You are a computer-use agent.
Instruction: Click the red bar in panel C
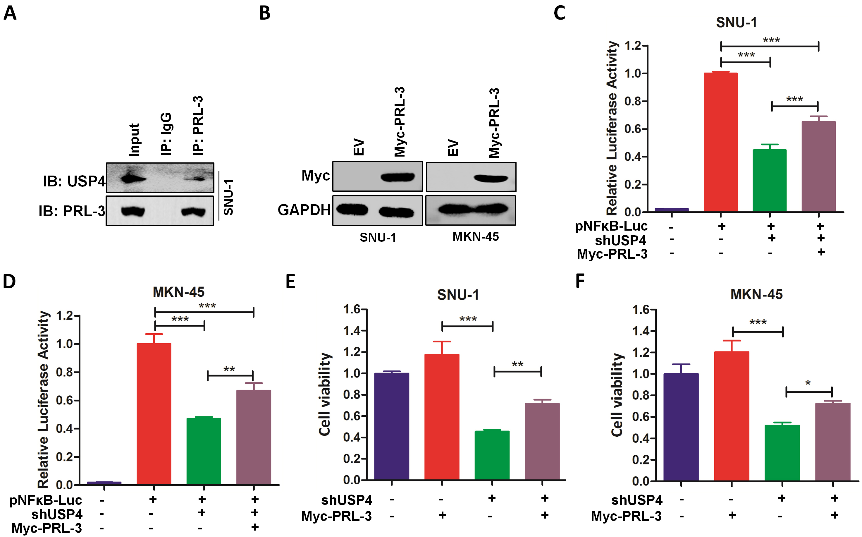pos(720,142)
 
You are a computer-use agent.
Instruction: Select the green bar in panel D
pos(203,451)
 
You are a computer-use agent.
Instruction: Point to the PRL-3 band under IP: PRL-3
pos(193,212)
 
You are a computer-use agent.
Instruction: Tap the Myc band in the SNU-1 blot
pos(398,176)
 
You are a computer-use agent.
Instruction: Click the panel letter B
pos(264,13)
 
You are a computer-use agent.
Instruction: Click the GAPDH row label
pos(304,210)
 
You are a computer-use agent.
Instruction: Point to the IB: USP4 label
pos(74,181)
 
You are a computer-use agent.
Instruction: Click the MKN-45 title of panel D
pos(178,292)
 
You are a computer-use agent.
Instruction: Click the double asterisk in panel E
pos(517,364)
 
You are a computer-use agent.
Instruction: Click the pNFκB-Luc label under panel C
pos(611,226)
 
